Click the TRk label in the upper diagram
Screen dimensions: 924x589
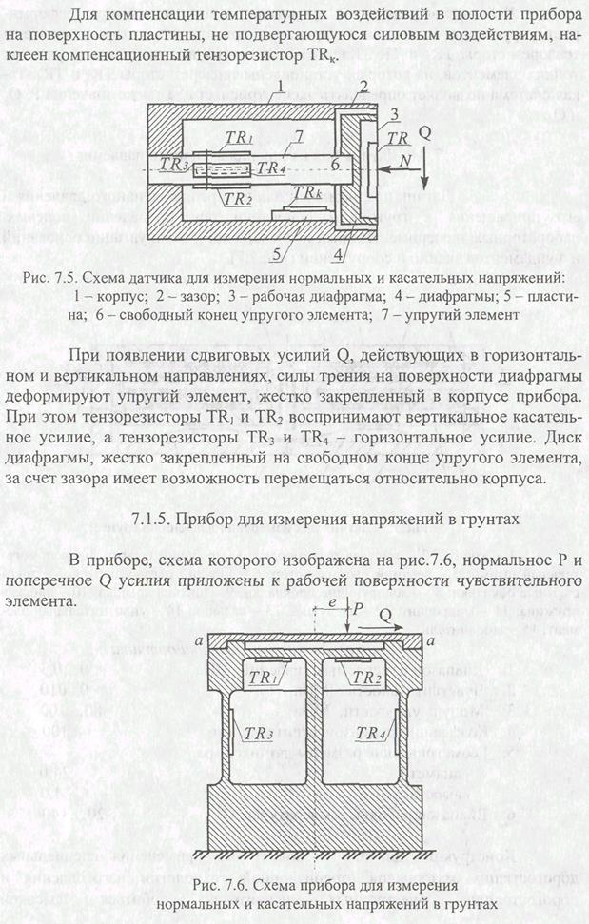pos(307,193)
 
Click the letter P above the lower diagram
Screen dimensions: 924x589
pos(358,605)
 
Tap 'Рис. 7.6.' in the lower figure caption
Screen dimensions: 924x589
pos(220,885)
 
